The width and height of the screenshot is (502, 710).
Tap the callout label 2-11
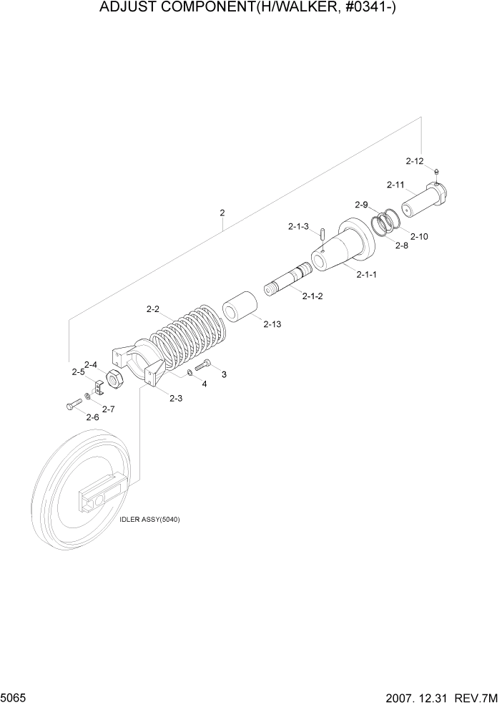(395, 185)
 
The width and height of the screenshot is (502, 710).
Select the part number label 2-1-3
(298, 226)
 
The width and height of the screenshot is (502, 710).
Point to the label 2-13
(272, 324)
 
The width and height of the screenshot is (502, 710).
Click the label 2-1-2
(312, 296)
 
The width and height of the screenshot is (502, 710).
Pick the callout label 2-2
(152, 309)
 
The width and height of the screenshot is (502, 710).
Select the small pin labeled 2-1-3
(323, 233)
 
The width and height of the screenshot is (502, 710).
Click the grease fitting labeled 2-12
(436, 171)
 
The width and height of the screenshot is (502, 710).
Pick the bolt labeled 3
(202, 366)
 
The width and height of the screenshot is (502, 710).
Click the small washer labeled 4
(190, 372)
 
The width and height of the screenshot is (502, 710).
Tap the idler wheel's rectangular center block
(100, 496)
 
